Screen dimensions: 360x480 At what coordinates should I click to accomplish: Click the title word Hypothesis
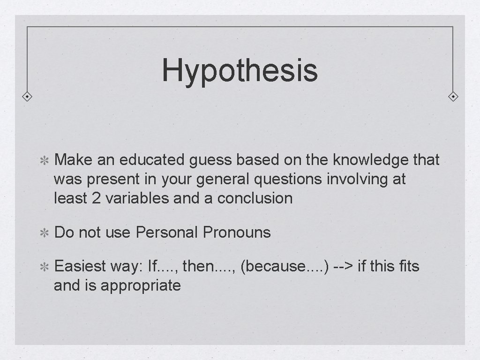click(240, 70)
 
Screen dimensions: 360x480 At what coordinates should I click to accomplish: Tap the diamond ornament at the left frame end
click(28, 97)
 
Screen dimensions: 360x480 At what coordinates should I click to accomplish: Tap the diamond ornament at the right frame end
click(453, 97)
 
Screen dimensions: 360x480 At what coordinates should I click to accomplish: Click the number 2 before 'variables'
click(96, 198)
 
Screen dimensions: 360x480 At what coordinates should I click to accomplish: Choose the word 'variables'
click(137, 198)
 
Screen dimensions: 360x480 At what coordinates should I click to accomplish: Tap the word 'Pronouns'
click(237, 232)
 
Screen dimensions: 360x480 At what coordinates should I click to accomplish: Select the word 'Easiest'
click(80, 266)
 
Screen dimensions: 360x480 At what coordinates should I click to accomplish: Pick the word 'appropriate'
click(141, 285)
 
